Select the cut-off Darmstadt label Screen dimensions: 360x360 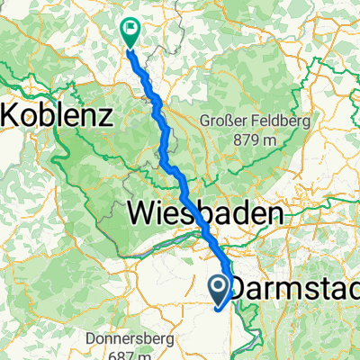(297, 288)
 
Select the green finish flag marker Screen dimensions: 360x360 (130, 31)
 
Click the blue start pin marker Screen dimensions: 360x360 (220, 288)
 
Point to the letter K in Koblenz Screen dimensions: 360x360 (13, 116)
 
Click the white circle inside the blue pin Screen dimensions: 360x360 (220, 286)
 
